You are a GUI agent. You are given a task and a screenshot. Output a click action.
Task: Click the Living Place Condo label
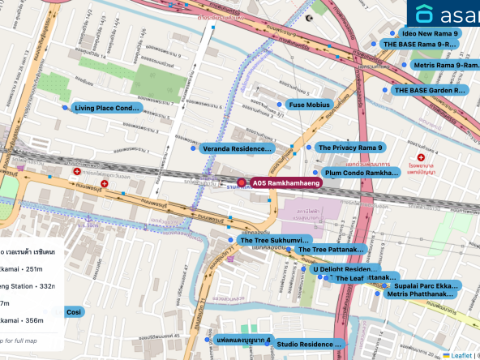click(107, 108)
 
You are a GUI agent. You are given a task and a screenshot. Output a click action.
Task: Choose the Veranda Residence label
click(236, 149)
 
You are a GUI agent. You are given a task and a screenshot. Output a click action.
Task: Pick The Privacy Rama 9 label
click(349, 148)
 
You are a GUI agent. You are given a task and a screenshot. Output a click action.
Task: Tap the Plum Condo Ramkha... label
click(362, 173)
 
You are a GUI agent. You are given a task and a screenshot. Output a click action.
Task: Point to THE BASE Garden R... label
click(429, 91)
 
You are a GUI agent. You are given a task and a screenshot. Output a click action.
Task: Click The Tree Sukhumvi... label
click(274, 241)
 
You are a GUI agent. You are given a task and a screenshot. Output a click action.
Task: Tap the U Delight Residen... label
click(345, 269)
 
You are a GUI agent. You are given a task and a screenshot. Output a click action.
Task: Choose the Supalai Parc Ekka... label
click(425, 286)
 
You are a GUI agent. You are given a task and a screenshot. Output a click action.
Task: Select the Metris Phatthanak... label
click(420, 294)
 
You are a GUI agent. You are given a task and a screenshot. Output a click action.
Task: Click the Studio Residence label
click(310, 345)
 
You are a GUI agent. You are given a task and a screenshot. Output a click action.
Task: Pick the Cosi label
click(74, 312)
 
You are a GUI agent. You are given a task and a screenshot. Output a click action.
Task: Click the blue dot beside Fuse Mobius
click(278, 105)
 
